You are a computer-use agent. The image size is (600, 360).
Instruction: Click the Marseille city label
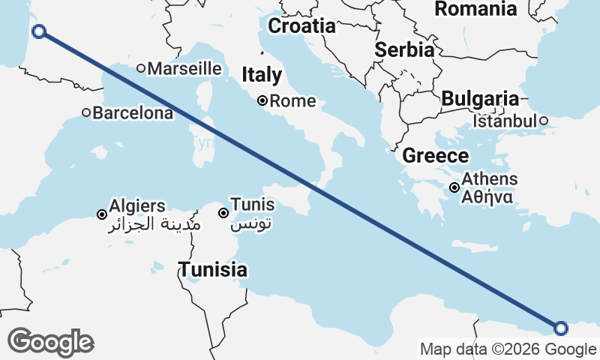[184, 68]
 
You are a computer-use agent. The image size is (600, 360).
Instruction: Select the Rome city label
[292, 100]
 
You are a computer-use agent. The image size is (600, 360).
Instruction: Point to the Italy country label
[262, 75]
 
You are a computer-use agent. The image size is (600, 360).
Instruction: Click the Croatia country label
[301, 26]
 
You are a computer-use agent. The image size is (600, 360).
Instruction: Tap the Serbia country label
[404, 50]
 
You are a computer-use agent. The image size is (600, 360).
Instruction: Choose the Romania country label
[475, 9]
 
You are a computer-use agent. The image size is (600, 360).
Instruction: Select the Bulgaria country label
[480, 99]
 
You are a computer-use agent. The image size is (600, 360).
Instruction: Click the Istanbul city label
[505, 121]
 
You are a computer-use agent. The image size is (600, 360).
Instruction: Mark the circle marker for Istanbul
[544, 120]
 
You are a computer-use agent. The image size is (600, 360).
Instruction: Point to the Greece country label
[436, 156]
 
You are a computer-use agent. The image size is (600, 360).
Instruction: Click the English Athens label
[490, 179]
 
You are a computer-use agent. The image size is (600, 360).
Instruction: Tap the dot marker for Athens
[454, 187]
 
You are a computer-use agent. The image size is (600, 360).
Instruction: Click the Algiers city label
[137, 205]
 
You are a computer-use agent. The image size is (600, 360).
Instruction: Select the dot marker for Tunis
[223, 213]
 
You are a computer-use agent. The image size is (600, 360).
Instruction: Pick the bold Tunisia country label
[212, 269]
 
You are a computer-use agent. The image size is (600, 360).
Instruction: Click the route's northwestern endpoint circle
[39, 31]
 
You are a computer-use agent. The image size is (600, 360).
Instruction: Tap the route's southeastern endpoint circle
[561, 327]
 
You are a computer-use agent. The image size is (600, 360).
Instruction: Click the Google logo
[50, 342]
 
